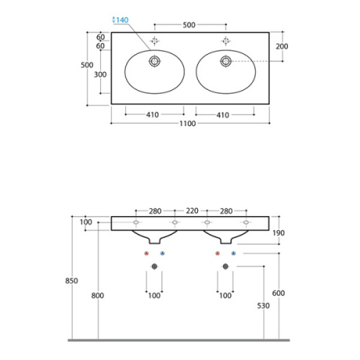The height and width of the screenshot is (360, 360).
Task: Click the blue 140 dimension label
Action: coord(120,20)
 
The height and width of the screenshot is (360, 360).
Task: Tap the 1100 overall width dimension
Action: coord(188,124)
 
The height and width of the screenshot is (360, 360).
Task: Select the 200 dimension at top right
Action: coord(282,46)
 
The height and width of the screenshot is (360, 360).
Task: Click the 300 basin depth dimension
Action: coord(100,75)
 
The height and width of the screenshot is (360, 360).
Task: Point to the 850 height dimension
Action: coord(71,281)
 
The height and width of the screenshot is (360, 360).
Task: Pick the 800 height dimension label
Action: coord(97,295)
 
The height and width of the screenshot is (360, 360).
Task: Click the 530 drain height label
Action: coord(264,306)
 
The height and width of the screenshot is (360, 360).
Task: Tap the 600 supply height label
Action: coord(279,293)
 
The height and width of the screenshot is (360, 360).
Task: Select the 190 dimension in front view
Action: coord(279,233)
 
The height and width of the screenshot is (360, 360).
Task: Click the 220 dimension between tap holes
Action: coord(192,211)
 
